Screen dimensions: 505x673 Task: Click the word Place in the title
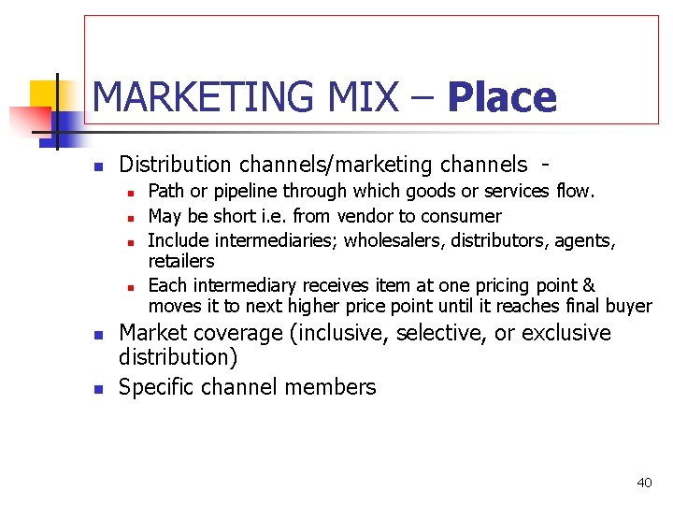click(501, 97)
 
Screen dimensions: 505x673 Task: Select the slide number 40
click(644, 483)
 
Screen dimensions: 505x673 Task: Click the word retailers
click(181, 262)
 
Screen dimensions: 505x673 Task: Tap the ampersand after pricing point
click(588, 285)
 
